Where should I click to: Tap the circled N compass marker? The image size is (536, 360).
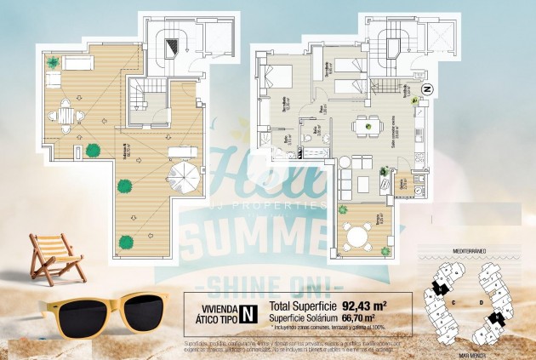click(x=429, y=89)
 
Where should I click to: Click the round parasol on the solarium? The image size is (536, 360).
click(x=182, y=180)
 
